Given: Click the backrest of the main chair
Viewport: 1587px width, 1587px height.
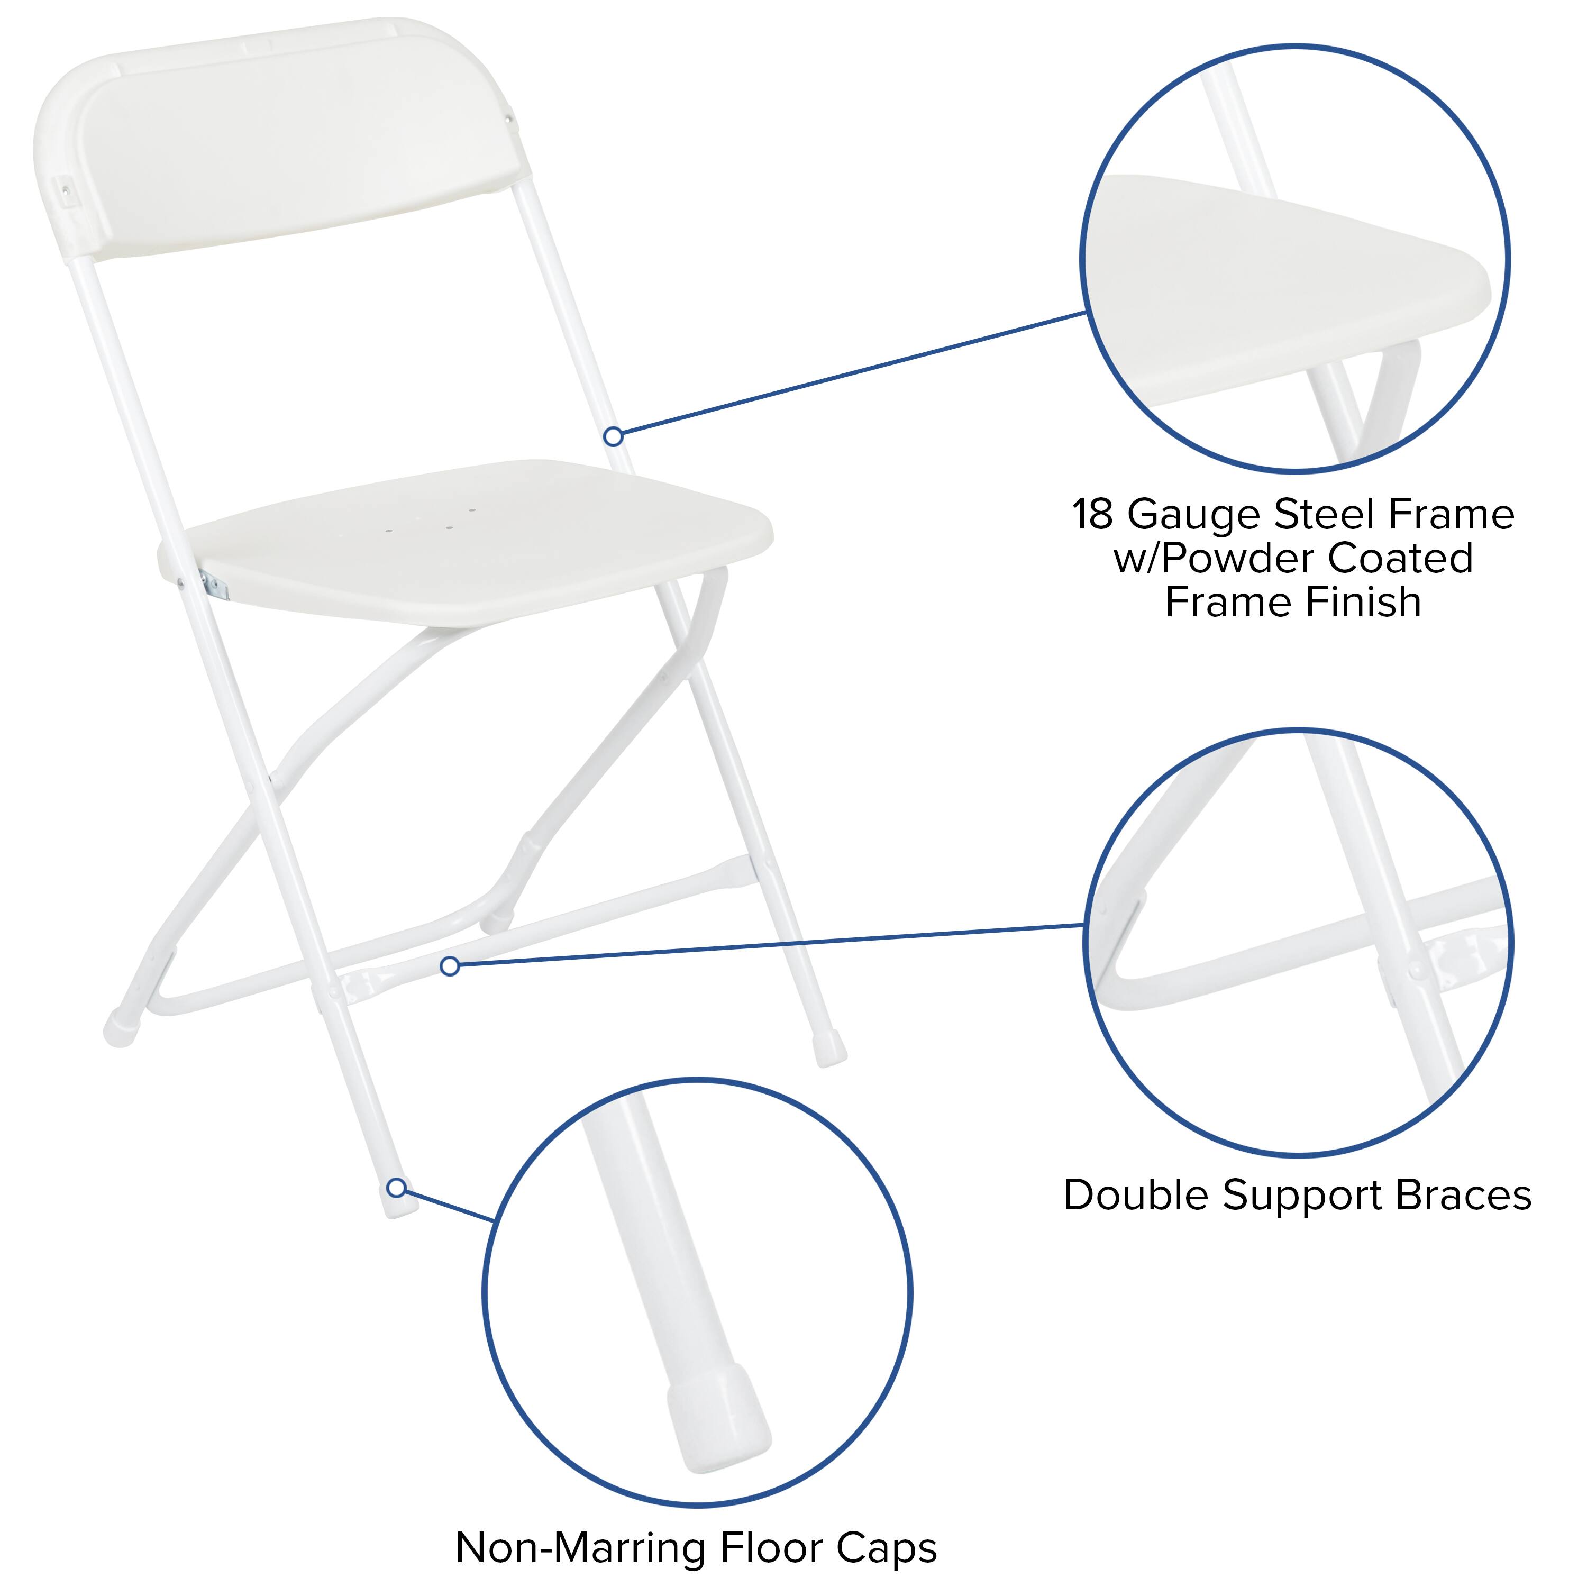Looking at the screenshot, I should pyautogui.click(x=296, y=148).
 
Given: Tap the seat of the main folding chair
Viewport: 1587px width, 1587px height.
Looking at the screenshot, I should pyautogui.click(x=477, y=542).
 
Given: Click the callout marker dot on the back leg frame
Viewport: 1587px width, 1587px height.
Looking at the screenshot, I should pyautogui.click(x=613, y=437).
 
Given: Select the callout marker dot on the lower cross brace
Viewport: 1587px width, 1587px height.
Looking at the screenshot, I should pyautogui.click(x=449, y=966).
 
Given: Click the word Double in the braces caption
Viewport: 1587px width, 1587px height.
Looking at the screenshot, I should pyautogui.click(x=1137, y=1195).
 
